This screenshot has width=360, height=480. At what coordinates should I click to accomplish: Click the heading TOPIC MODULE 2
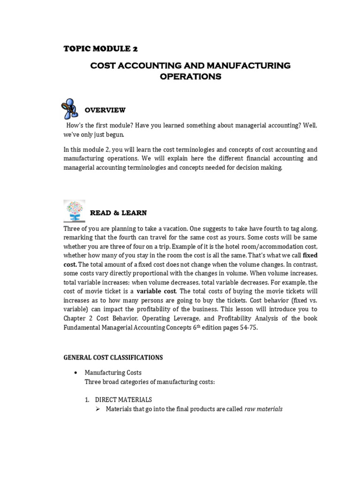[100, 48]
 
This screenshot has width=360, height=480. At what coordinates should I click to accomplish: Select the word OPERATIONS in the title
[190, 76]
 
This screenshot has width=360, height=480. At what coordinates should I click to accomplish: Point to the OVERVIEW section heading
[105, 110]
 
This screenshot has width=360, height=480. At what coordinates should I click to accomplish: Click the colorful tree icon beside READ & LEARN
[74, 210]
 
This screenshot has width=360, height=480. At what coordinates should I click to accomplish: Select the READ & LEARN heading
[119, 213]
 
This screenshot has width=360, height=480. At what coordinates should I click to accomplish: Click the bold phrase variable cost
[156, 291]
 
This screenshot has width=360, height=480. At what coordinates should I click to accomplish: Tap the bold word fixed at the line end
[310, 255]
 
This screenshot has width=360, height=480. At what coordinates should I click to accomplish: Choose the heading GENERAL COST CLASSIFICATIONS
[113, 357]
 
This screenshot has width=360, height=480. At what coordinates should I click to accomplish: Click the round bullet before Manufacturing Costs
[76, 373]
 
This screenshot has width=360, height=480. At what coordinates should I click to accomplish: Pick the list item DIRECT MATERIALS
[123, 400]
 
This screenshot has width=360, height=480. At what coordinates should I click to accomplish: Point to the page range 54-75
[247, 328]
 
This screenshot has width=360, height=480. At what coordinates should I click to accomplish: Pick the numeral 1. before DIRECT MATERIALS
[88, 400]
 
